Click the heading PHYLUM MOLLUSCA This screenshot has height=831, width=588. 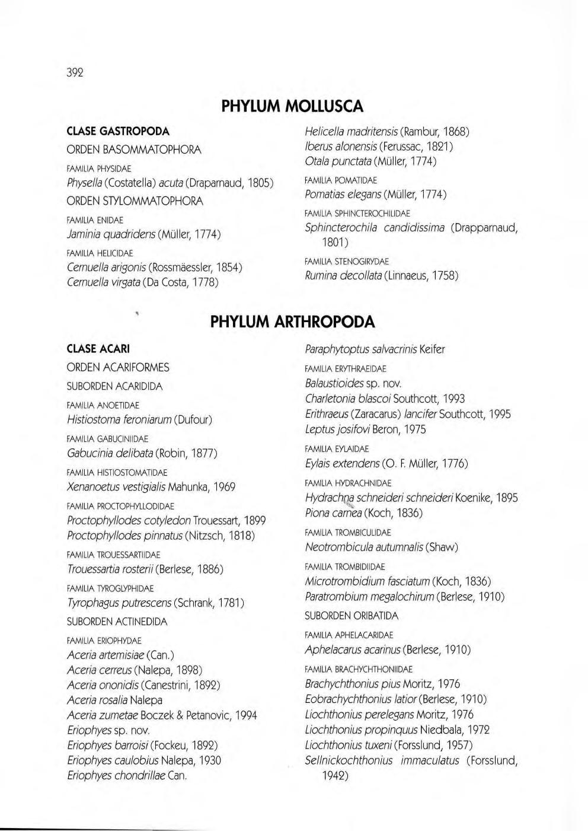click(x=292, y=106)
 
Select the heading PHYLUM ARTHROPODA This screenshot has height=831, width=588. click(x=293, y=322)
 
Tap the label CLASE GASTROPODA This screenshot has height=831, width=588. click(x=118, y=130)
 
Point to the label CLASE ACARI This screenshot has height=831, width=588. click(x=98, y=348)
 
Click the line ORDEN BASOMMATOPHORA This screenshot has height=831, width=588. click(x=134, y=150)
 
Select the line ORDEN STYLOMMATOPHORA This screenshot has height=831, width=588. click(x=135, y=201)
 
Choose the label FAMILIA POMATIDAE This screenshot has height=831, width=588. click(x=340, y=180)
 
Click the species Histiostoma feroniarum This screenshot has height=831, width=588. click(x=119, y=420)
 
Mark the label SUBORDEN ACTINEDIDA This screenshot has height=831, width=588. click(x=117, y=622)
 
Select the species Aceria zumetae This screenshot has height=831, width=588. click(x=103, y=715)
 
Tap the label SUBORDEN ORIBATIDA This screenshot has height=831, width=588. click(x=351, y=616)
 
